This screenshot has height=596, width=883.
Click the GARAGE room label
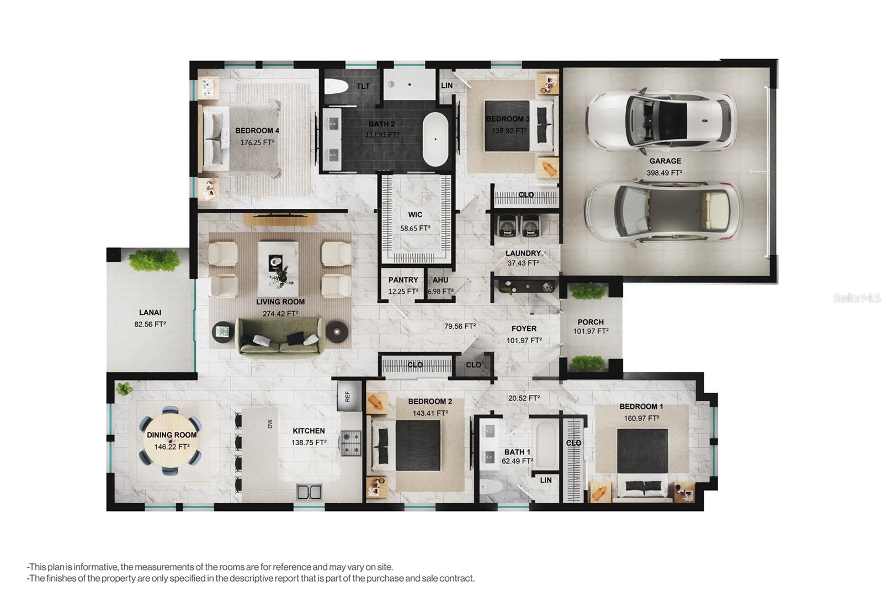click(x=665, y=161)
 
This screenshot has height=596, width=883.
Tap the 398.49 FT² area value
click(x=664, y=173)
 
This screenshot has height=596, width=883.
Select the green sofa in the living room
click(x=280, y=336)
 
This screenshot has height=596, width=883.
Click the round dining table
click(x=171, y=440)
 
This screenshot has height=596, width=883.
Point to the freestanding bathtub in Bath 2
click(x=435, y=139)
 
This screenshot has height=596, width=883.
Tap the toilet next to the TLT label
click(x=337, y=86)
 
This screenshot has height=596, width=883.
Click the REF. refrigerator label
click(x=347, y=395)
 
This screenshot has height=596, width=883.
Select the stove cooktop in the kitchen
click(x=351, y=443)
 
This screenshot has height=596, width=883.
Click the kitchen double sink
click(x=310, y=492)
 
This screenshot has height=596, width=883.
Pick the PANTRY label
click(x=403, y=280)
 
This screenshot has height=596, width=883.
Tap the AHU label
click(x=440, y=280)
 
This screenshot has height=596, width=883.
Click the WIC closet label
click(x=415, y=214)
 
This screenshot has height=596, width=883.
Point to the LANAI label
click(x=150, y=313)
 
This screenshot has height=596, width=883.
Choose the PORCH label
click(x=591, y=322)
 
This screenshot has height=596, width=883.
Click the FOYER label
click(x=524, y=329)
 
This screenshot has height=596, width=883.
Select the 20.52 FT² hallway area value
click(x=524, y=398)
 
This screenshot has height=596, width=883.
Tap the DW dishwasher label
click(x=270, y=424)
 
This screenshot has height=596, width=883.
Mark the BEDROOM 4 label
click(x=257, y=130)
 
